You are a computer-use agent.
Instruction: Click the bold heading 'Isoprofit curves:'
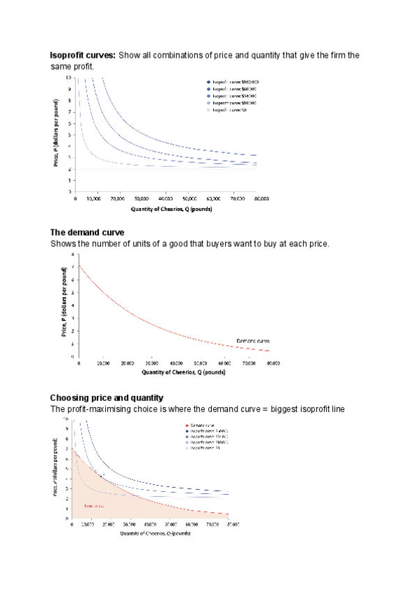click(83, 55)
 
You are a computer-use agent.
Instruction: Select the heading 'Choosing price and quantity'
click(107, 398)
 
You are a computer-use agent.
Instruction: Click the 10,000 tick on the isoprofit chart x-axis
click(98, 198)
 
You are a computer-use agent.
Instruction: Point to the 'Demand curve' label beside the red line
click(252, 341)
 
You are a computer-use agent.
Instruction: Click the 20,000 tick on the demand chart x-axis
click(127, 363)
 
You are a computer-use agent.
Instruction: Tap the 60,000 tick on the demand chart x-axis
click(224, 363)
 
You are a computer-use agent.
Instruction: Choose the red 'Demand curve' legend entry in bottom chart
click(201, 424)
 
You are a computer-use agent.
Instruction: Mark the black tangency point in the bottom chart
click(102, 476)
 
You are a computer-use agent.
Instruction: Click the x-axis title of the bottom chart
click(153, 533)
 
